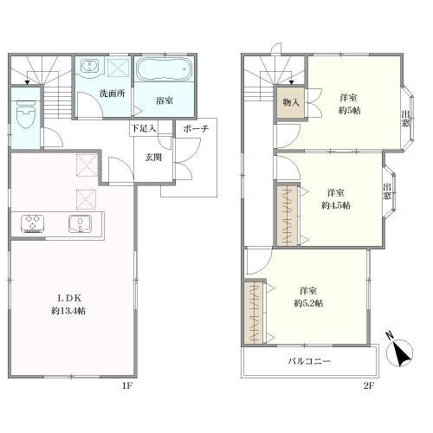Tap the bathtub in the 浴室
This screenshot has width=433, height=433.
(164, 70)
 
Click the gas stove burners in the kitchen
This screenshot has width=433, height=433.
(32, 223)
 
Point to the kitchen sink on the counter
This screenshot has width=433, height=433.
(80, 223)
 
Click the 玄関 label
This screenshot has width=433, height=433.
(153, 158)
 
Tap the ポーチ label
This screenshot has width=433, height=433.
(196, 129)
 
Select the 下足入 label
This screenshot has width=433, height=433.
(144, 129)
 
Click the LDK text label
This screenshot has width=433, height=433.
(69, 297)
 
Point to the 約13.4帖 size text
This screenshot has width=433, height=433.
(68, 311)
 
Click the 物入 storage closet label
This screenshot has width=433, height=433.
(291, 102)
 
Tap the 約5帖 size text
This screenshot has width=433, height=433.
(349, 110)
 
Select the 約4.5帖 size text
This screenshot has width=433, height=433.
(336, 205)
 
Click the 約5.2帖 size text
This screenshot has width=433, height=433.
(308, 303)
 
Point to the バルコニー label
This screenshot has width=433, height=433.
(309, 361)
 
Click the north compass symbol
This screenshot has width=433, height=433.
(400, 350)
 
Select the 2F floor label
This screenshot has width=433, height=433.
(369, 385)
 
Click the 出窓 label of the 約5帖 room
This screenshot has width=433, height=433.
(405, 119)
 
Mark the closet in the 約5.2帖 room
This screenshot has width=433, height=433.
(254, 313)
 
